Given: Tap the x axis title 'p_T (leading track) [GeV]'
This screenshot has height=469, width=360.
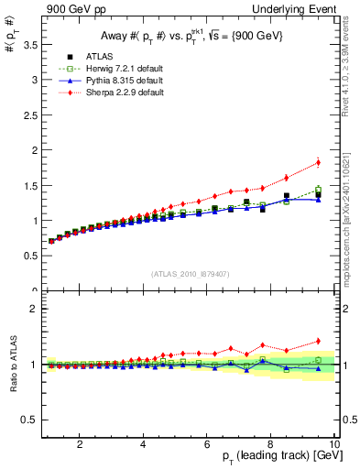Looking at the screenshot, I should click(274, 457).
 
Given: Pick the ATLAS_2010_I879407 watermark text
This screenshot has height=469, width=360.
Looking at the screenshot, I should click(190, 274).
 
